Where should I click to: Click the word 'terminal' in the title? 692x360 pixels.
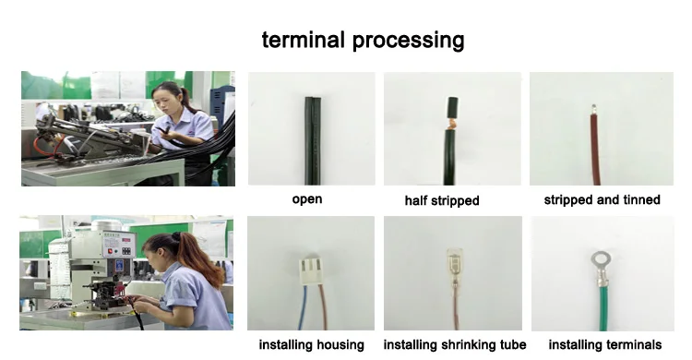coord(303,40)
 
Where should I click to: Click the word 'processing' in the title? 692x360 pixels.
coord(408,41)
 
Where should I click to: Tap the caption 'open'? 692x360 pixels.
coord(307,199)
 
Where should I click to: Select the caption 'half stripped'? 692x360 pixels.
coord(442,200)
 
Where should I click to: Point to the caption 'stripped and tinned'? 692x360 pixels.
coord(602,199)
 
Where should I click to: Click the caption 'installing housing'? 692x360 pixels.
coord(312,344)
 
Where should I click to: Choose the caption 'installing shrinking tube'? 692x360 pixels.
coord(455,344)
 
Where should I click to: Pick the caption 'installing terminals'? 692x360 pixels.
coord(605,344)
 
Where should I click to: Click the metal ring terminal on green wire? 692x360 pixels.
coord(601,270)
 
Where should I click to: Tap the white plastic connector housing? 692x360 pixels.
coord(311,270)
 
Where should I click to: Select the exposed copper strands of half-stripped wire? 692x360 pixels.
coord(451,123)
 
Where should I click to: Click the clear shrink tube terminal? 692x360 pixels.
coord(454,267)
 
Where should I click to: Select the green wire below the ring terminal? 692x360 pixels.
coord(603,308)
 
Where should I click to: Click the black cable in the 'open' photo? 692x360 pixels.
coord(313,140)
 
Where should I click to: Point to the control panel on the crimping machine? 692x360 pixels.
coord(119,245)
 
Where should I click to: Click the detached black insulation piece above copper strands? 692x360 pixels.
coord(452,107)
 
